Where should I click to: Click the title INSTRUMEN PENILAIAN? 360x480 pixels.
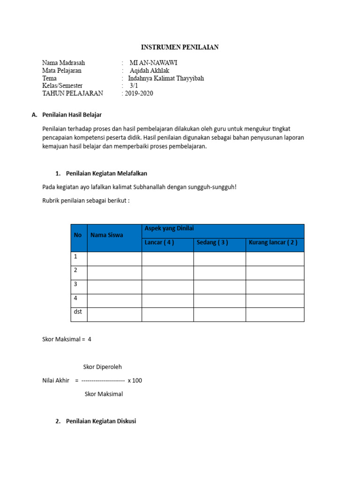pos(180,47)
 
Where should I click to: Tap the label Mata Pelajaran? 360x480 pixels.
pos(62,71)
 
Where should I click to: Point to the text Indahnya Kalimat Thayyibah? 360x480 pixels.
pos(166,78)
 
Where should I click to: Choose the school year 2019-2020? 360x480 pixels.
pos(139,93)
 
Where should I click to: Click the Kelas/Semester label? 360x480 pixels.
pos(62,86)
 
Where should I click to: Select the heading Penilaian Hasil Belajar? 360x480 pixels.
pos(72,115)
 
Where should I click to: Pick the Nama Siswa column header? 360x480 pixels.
pos(107,235)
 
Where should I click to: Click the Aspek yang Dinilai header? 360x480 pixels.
pos(169,228)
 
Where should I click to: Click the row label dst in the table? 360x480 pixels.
pos(77,312)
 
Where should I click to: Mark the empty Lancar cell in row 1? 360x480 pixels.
pos(167,259)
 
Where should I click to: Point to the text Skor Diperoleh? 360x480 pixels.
pos(102,367)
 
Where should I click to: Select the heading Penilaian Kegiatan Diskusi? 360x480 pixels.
pos(101,421)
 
